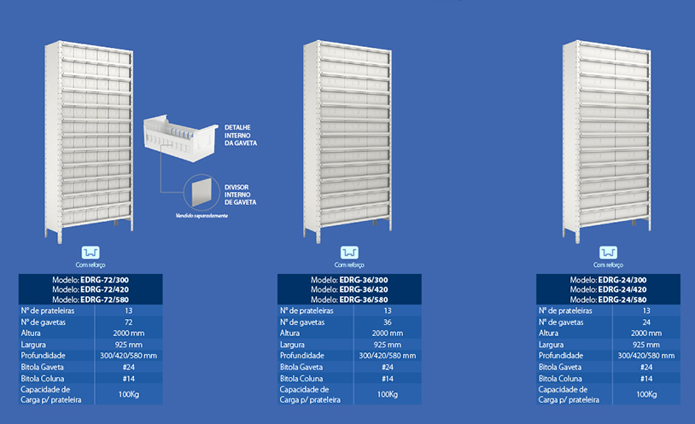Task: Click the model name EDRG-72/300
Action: click(105, 280)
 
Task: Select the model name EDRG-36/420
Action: click(364, 290)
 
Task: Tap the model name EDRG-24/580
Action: click(622, 299)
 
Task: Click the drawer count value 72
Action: click(129, 322)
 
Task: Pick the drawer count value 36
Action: click(388, 322)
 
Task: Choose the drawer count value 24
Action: click(646, 322)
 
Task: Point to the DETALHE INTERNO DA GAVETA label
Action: click(240, 135)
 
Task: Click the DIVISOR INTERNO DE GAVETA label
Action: click(240, 195)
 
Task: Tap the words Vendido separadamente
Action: click(201, 216)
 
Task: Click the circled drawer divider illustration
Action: click(201, 192)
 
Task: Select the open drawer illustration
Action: click(180, 138)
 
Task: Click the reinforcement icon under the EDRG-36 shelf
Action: click(349, 253)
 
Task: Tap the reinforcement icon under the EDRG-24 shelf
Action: click(608, 253)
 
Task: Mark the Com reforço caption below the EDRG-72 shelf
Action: click(91, 265)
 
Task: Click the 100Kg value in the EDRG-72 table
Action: click(129, 394)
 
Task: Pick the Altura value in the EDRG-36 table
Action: click(388, 334)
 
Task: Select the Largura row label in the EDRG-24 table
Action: click(551, 345)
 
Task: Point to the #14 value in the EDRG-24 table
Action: click(646, 379)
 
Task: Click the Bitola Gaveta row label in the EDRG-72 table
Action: click(42, 368)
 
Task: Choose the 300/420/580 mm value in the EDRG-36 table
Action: click(388, 356)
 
